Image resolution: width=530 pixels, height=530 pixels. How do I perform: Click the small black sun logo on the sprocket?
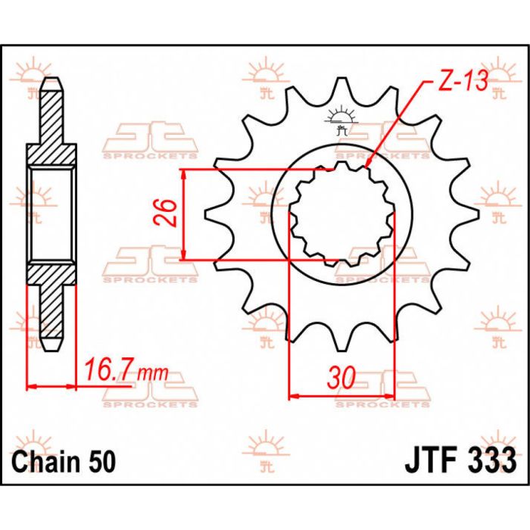coord(339,120)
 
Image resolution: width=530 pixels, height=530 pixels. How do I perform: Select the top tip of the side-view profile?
coord(51,79)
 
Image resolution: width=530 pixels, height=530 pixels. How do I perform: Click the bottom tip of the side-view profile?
coord(51,350)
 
